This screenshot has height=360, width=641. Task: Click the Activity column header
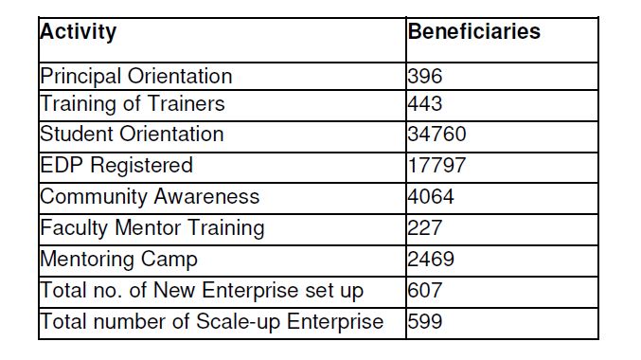click(x=78, y=32)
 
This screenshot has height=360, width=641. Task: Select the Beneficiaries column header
click(x=473, y=31)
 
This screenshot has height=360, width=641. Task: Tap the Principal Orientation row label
click(x=136, y=77)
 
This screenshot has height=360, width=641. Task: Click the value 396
click(x=425, y=77)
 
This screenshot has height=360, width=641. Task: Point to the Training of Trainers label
click(x=133, y=104)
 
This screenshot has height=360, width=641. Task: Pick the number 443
click(x=425, y=104)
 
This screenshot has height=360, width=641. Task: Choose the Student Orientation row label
click(x=132, y=135)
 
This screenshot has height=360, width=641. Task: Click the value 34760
click(x=436, y=135)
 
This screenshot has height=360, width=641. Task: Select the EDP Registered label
click(x=116, y=166)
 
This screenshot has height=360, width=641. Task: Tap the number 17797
click(x=436, y=165)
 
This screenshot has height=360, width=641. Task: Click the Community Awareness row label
click(x=150, y=197)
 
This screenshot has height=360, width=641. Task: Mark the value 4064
click(x=431, y=197)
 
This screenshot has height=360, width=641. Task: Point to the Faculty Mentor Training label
click(x=152, y=228)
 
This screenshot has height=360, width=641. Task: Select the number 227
click(x=425, y=228)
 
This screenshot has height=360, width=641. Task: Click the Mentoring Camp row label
click(x=118, y=260)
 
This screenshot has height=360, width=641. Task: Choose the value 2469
click(x=431, y=260)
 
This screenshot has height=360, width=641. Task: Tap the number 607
click(x=425, y=291)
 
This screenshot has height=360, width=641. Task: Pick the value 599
click(x=425, y=321)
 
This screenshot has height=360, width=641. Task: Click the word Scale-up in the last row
click(x=238, y=322)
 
